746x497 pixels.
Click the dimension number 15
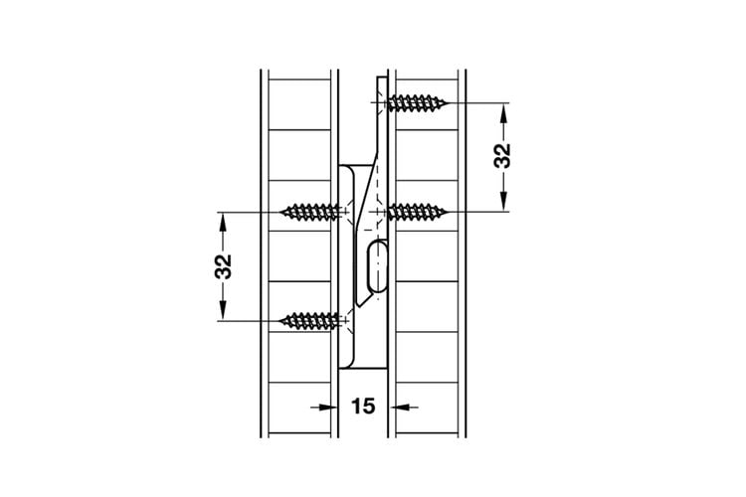tap(363, 407)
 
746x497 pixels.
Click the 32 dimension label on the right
tap(502, 155)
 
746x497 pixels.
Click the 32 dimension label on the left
tap(223, 266)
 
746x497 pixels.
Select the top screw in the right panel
tap(417, 102)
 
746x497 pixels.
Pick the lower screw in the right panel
tap(417, 212)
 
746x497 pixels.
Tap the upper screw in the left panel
tap(310, 212)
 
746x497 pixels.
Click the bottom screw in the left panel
tap(310, 321)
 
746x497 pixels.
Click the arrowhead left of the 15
tap(329, 407)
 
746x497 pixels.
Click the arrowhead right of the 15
tap(398, 407)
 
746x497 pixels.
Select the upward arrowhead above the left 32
tap(222, 222)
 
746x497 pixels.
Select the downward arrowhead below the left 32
tap(222, 311)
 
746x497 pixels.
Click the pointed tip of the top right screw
tap(447, 102)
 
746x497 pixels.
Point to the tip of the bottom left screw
tap(281, 321)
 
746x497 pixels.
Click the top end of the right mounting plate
tap(382, 78)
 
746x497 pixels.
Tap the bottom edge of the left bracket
tap(362, 368)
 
